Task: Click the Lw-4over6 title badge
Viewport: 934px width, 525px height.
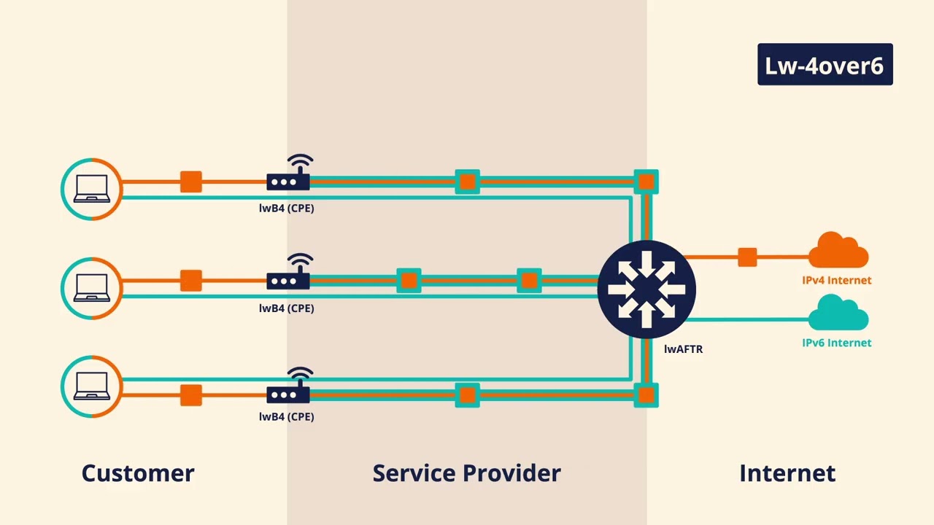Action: click(825, 64)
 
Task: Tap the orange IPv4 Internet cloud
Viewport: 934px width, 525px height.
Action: click(838, 250)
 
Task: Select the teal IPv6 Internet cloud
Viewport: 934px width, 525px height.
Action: click(838, 313)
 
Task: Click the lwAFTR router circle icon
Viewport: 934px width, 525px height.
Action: click(647, 289)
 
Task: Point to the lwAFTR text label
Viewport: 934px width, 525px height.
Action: click(684, 349)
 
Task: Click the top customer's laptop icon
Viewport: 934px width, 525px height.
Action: click(92, 189)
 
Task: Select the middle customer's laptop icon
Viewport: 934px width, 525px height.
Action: click(92, 288)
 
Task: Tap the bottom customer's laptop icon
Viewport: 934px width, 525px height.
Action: click(92, 386)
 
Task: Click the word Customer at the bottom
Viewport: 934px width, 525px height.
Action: click(138, 473)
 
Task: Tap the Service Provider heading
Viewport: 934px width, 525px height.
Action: click(466, 473)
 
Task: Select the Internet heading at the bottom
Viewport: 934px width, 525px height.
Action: click(787, 473)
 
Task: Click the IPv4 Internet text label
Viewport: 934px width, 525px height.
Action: click(837, 280)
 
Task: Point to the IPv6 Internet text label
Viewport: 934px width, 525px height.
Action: click(837, 343)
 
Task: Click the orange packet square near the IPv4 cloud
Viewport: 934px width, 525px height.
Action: click(748, 257)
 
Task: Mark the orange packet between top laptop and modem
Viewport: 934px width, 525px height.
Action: click(191, 182)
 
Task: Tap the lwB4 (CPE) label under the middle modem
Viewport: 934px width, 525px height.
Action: click(287, 308)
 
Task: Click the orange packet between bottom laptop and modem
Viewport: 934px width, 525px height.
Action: click(191, 395)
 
